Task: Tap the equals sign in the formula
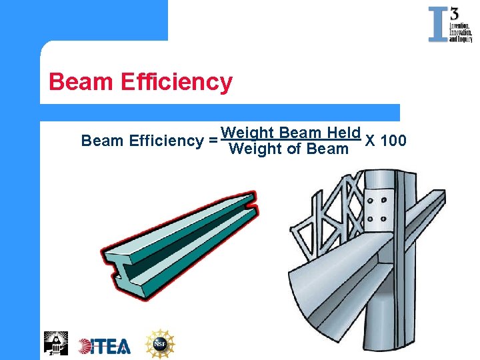[212, 141]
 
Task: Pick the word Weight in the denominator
[255, 149]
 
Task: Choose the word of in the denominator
[294, 149]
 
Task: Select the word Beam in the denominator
[327, 149]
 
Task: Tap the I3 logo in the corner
[450, 25]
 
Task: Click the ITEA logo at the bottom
[104, 345]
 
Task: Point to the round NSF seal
[160, 344]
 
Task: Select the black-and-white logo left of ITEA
[55, 343]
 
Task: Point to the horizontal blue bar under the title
[220, 112]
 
